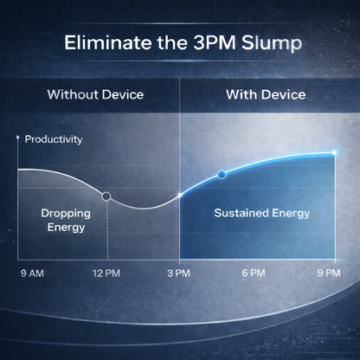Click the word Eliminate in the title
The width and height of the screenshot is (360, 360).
(x=108, y=42)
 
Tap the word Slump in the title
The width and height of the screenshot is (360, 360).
(x=272, y=44)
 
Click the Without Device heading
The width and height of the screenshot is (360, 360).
(x=95, y=94)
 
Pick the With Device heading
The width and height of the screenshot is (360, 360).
(x=266, y=94)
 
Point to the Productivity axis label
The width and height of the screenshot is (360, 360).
(x=54, y=139)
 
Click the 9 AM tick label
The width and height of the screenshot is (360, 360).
(x=32, y=273)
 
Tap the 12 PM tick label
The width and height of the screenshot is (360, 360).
(x=106, y=273)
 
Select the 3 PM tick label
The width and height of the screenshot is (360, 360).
(x=178, y=273)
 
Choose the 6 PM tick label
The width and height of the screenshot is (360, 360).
(x=254, y=273)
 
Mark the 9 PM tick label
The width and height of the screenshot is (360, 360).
(x=329, y=273)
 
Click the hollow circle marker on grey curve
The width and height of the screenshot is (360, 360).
(x=106, y=196)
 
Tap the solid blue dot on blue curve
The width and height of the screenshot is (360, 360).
(x=222, y=174)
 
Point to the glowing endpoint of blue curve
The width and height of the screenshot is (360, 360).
(x=334, y=152)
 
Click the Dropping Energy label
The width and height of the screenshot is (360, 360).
(x=66, y=221)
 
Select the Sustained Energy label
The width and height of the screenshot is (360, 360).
(x=262, y=214)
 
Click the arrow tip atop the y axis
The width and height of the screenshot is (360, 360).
(x=18, y=137)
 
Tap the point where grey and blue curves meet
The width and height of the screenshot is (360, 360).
(x=180, y=196)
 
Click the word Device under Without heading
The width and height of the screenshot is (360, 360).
(x=123, y=94)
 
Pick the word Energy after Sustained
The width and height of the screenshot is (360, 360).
(x=291, y=214)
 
